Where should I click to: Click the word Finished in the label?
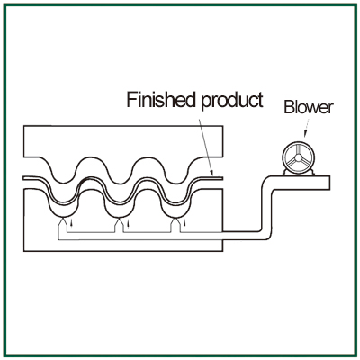coord(160,100)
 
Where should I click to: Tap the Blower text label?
coord(309,107)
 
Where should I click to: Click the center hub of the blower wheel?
coord(299,157)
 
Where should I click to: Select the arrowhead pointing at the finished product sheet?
coord(211,173)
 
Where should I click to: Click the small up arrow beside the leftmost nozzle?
coord(71,223)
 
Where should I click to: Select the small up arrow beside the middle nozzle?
coord(129,223)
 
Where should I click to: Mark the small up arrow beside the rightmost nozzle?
coord(184,223)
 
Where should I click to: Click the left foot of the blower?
coord(285,172)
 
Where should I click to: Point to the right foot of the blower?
coord(311,172)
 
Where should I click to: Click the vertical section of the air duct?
coord(267,210)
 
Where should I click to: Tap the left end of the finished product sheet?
coord(23,178)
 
